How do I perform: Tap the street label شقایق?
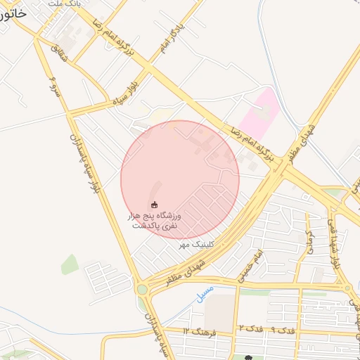pyautogui.click(x=61, y=58)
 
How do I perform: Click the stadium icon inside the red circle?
pyautogui.click(x=155, y=204)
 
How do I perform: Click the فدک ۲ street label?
pyautogui.click(x=251, y=329)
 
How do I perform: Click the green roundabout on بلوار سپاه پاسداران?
pyautogui.click(x=143, y=289)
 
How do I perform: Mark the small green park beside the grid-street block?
pyautogui.click(x=69, y=264)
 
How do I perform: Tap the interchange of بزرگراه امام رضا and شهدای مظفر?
pyautogui.click(x=279, y=168)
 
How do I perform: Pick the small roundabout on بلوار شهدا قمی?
pyautogui.click(x=347, y=287)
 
